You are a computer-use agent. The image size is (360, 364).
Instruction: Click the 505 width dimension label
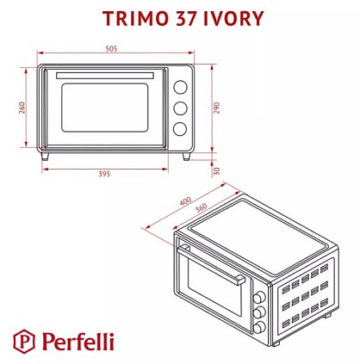(x=111, y=49)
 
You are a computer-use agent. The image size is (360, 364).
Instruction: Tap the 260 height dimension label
(x=22, y=108)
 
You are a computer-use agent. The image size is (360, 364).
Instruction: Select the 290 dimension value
(x=216, y=108)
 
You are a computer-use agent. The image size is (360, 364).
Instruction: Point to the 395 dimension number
(x=104, y=174)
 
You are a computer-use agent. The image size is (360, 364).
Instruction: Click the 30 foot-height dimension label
(x=217, y=171)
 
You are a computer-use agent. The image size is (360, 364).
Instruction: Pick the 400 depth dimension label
(x=185, y=201)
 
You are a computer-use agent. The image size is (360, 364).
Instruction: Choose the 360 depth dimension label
(x=201, y=207)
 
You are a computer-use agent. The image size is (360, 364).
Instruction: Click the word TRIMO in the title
(x=135, y=19)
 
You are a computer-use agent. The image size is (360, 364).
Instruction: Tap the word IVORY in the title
(x=233, y=19)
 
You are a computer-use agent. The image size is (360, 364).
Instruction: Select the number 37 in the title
(x=186, y=19)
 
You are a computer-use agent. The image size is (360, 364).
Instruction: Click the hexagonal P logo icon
(x=24, y=342)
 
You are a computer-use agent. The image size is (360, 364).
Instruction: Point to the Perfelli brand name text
(x=78, y=342)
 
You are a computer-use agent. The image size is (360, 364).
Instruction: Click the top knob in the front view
(x=180, y=87)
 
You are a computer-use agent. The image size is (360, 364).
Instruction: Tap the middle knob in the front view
(x=180, y=108)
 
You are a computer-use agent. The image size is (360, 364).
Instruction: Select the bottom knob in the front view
(x=180, y=129)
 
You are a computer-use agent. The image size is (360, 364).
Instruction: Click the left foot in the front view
(x=45, y=157)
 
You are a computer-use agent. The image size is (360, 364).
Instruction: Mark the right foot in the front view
(x=186, y=157)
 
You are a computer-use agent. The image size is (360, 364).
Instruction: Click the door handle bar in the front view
(x=105, y=76)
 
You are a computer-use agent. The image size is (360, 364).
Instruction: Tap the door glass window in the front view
(x=105, y=108)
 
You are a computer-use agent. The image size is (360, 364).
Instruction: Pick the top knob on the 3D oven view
(x=259, y=297)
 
